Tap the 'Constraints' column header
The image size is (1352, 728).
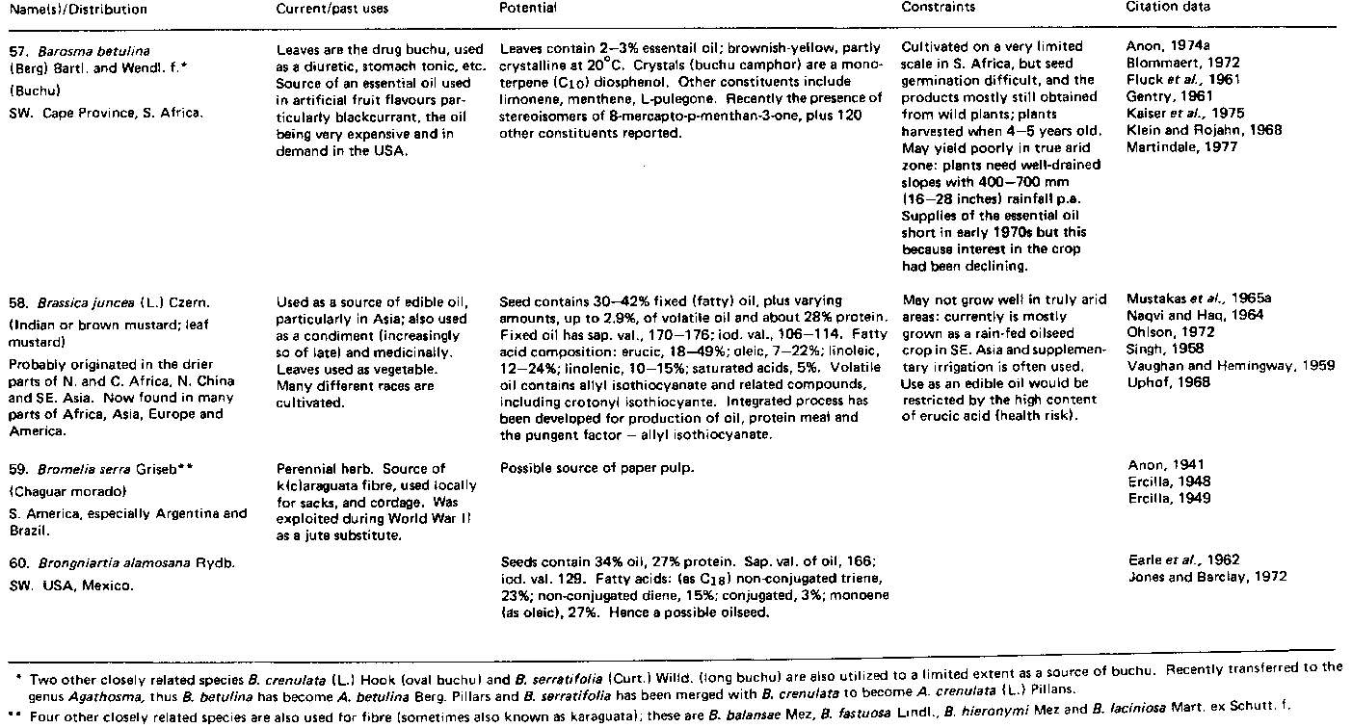938,7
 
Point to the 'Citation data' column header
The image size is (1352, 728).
1168,7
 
